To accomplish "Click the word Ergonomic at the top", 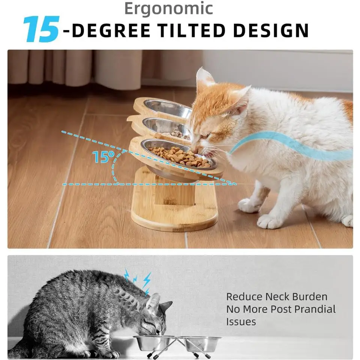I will [x=168, y=9].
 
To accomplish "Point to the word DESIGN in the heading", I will [x=270, y=31].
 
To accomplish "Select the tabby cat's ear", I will [x=154, y=302].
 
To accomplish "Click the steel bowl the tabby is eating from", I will [x=154, y=342].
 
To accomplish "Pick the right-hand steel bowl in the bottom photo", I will [x=202, y=343].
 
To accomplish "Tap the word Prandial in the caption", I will [x=315, y=309].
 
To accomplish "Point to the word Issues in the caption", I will [x=241, y=322].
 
